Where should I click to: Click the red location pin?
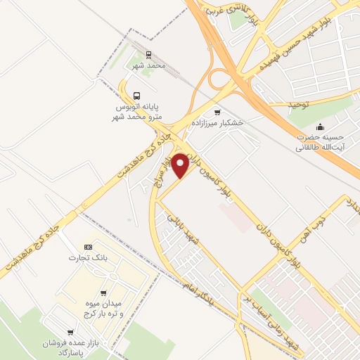pos(180,165)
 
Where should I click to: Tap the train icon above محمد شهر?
pos(148,54)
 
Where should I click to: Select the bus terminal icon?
pos(136,96)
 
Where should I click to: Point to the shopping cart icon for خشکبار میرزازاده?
pos(217,112)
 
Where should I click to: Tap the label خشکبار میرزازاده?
pos(221,122)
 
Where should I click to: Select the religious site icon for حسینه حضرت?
pos(321,127)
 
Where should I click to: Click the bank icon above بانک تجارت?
pos(88,247)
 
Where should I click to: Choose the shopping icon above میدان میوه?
pos(104,293)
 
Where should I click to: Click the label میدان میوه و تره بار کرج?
pos(105,308)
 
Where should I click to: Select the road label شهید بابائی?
pos(184,231)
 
